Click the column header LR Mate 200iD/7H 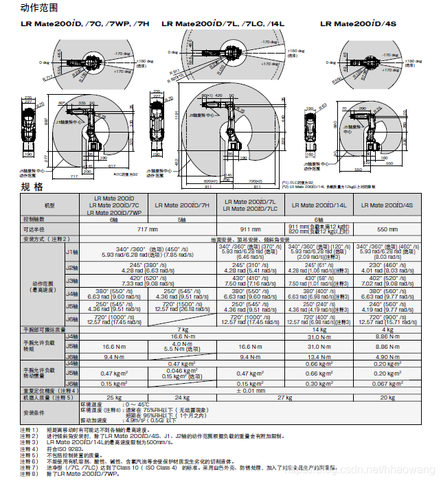(x=182, y=205)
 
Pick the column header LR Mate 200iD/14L (x=319, y=205)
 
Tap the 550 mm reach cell (x=387, y=228)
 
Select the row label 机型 (x=49, y=205)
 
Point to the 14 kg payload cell (x=319, y=330)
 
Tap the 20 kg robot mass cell (x=387, y=397)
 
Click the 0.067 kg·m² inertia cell (x=387, y=384)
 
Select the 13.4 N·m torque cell (x=319, y=357)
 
